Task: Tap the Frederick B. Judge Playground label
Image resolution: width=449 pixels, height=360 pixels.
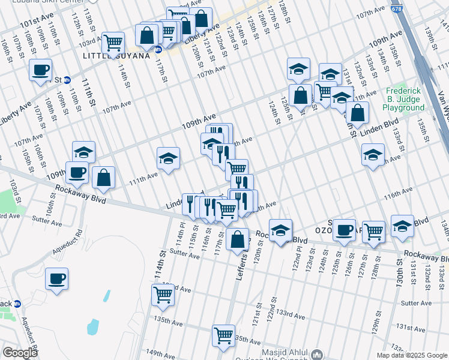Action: click(x=405, y=99)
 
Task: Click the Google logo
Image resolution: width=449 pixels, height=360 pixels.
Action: click(x=19, y=353)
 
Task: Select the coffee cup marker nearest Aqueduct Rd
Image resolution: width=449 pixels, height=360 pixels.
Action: click(x=56, y=278)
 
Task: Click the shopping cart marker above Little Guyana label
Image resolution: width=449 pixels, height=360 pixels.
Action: click(x=112, y=43)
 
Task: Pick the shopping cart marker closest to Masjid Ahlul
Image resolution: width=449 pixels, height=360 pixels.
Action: click(x=223, y=335)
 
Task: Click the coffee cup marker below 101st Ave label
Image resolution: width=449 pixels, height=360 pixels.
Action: click(x=40, y=70)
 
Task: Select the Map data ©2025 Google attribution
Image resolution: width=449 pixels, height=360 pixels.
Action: click(x=412, y=355)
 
